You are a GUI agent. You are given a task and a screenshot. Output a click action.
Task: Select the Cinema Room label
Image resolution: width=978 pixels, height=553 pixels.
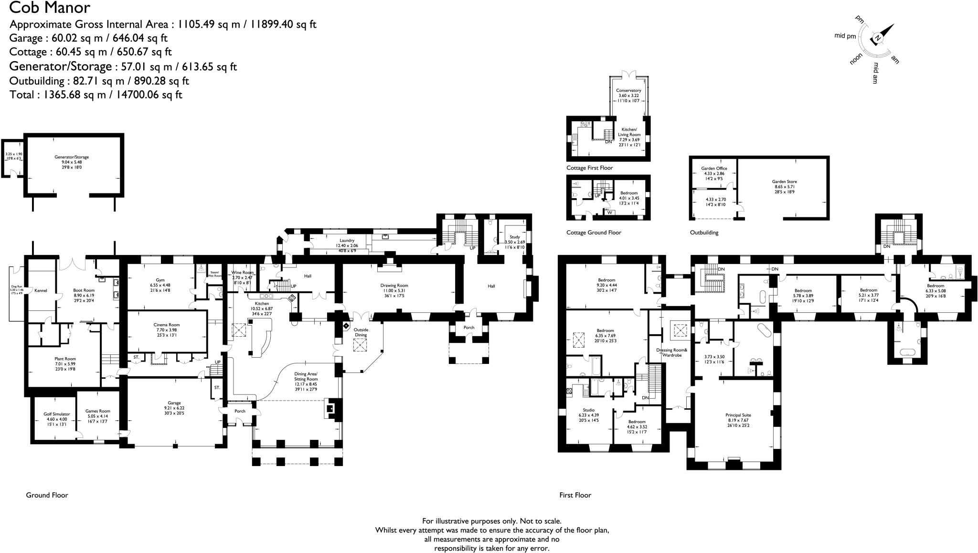[167, 325]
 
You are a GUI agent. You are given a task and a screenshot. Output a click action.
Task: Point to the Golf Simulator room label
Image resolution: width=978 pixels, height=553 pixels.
[56, 414]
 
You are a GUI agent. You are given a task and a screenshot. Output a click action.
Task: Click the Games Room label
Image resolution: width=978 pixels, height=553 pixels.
[98, 411]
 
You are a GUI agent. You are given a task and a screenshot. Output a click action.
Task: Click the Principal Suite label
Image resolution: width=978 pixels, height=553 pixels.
[738, 415]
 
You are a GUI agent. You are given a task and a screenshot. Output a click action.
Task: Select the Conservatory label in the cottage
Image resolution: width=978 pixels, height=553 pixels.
[628, 90]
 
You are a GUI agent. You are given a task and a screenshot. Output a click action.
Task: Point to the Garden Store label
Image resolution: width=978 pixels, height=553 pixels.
[784, 181]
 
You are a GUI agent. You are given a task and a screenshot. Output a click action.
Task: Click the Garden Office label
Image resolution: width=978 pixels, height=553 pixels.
[714, 168]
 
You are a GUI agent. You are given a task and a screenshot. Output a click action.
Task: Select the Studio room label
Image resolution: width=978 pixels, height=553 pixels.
[588, 410]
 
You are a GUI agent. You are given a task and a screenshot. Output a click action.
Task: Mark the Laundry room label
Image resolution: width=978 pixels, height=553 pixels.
[347, 240]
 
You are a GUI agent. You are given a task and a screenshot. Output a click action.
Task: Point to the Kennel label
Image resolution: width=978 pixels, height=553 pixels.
[41, 290]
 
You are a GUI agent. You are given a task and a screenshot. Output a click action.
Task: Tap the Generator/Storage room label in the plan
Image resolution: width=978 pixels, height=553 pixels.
[72, 157]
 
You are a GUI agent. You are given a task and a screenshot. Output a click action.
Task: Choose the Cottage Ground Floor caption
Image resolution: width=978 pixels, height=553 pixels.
[594, 233]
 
